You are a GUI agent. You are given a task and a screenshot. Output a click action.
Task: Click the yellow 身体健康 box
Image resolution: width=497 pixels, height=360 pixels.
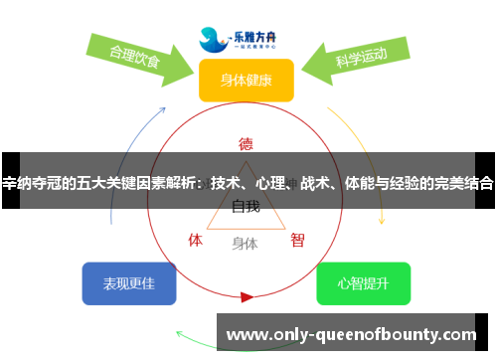tap(246, 80)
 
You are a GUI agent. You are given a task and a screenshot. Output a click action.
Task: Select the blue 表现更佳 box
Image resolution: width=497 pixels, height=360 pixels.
tap(129, 283)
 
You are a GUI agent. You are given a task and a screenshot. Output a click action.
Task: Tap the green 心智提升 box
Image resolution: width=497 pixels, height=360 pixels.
tap(363, 283)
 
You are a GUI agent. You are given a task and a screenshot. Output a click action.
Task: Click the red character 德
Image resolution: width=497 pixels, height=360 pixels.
tap(246, 142)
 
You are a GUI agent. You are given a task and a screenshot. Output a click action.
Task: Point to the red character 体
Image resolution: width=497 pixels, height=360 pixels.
tap(196, 240)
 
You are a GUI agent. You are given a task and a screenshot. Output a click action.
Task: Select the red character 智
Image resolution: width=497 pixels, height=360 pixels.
tap(297, 240)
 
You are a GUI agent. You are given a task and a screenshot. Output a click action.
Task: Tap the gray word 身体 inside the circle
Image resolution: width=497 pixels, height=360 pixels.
tap(245, 243)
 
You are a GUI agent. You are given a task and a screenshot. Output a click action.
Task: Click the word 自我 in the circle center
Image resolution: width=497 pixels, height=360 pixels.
tap(246, 207)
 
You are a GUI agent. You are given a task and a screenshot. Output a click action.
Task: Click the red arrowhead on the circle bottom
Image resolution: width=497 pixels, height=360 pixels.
tap(247, 296)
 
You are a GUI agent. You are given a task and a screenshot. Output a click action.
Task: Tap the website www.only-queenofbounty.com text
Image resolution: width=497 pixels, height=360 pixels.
tap(353, 334)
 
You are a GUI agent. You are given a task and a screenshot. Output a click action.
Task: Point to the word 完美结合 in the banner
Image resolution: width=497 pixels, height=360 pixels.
tap(462, 183)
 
